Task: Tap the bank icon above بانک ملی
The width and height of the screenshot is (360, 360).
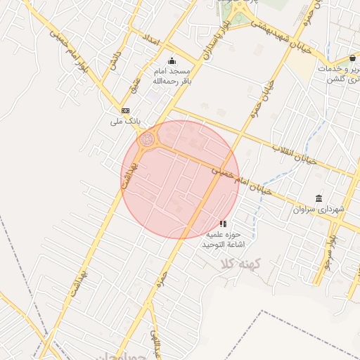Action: coord(126,110)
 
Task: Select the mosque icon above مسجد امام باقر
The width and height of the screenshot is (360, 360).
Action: coord(172,60)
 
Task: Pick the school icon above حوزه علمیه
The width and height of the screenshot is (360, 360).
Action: coord(223,224)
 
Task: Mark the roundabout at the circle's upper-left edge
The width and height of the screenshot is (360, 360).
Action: coord(147,140)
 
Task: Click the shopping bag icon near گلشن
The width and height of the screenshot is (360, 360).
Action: coord(352,58)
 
